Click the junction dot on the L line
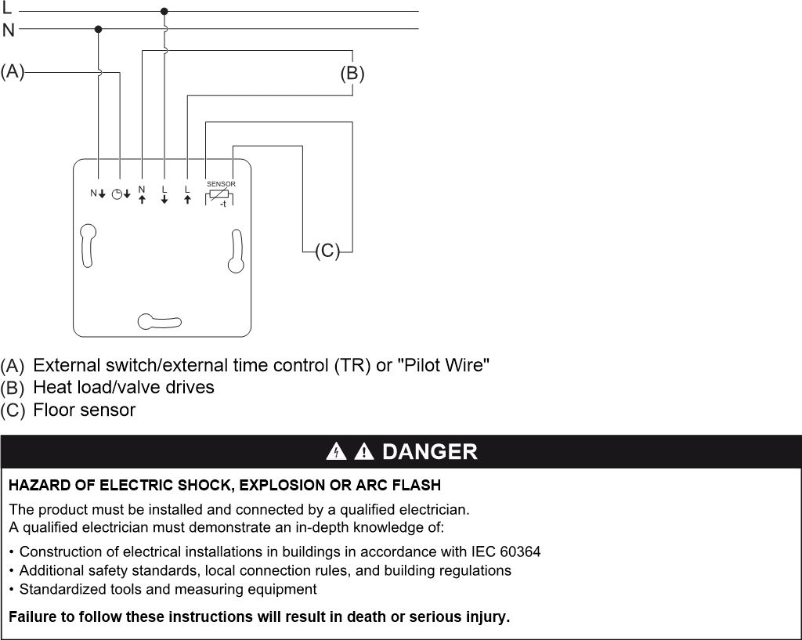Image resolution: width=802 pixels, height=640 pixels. pyautogui.click(x=164, y=11)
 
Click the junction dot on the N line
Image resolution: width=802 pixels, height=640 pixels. pyautogui.click(x=98, y=29)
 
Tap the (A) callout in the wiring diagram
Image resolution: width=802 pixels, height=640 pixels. pyautogui.click(x=13, y=71)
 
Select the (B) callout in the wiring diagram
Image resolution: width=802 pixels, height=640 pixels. pyautogui.click(x=352, y=73)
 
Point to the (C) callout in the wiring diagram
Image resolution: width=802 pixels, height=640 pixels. pyautogui.click(x=327, y=251)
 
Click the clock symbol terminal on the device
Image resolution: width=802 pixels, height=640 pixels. pyautogui.click(x=121, y=194)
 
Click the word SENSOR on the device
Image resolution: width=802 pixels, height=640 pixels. pyautogui.click(x=221, y=183)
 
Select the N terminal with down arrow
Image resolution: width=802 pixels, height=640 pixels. pyautogui.click(x=98, y=193)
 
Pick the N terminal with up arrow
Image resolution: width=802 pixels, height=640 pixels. pyautogui.click(x=142, y=195)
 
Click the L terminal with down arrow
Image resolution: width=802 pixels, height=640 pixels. pyautogui.click(x=164, y=195)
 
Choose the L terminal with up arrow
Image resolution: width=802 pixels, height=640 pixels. pyautogui.click(x=187, y=195)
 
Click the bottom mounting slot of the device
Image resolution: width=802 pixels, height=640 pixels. pyautogui.click(x=159, y=321)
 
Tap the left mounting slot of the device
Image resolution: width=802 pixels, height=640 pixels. pyautogui.click(x=88, y=245)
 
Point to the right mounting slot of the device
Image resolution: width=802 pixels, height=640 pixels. pyautogui.click(x=236, y=251)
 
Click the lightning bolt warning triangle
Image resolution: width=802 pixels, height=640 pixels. pyautogui.click(x=336, y=451)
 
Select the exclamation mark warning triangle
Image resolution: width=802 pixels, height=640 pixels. pyautogui.click(x=363, y=451)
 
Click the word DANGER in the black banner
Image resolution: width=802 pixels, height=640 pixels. pyautogui.click(x=430, y=452)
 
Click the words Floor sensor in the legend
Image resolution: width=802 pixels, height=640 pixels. pyautogui.click(x=85, y=410)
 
